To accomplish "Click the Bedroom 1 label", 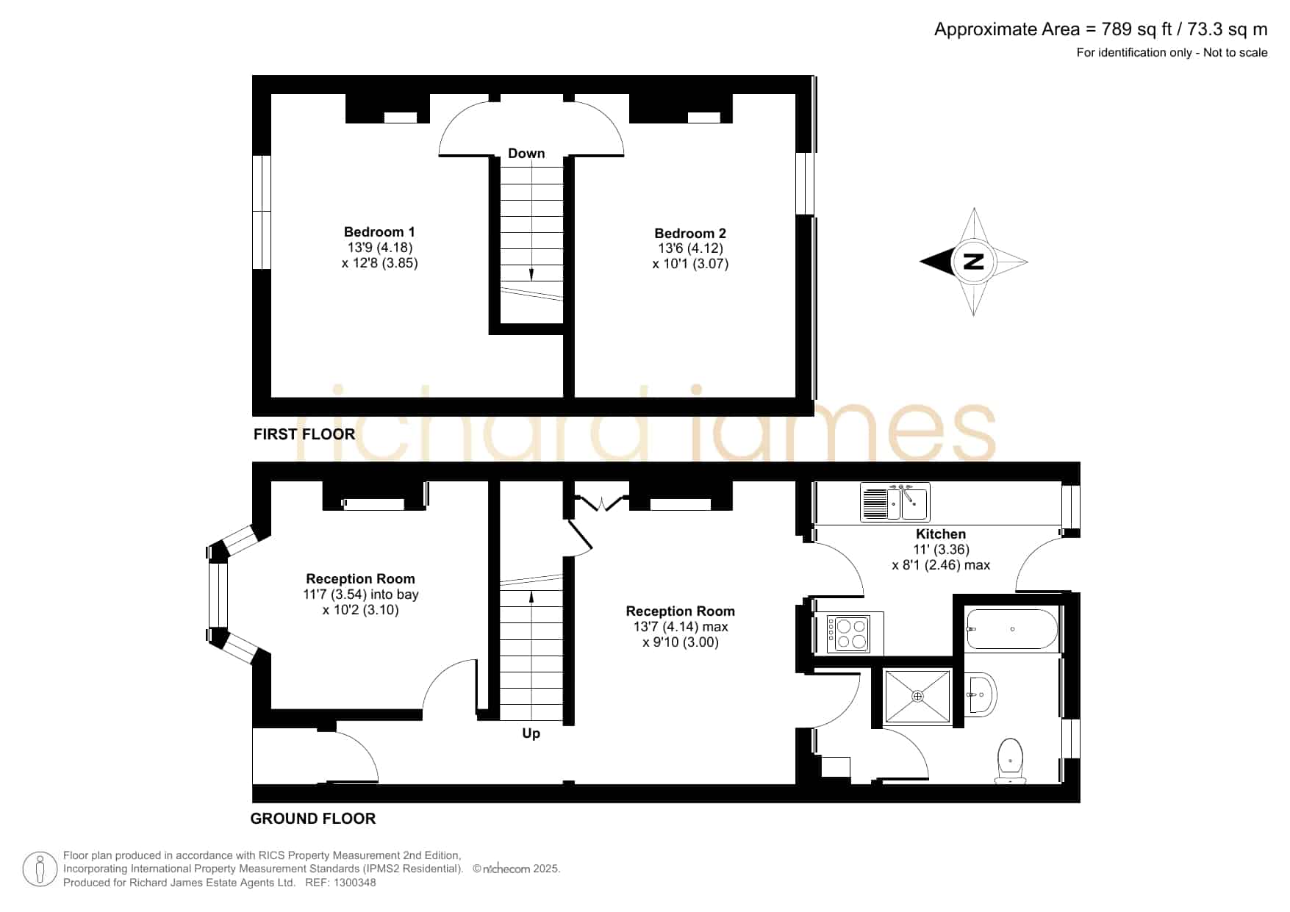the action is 379,232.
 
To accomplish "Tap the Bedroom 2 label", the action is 690,234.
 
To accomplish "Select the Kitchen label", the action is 941,534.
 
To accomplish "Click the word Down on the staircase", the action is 526,153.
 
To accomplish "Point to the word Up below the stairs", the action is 531,733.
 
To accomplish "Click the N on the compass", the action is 973,261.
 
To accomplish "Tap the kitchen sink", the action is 895,502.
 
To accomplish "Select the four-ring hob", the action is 849,633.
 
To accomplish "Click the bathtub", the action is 1012,629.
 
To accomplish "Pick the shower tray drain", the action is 917,696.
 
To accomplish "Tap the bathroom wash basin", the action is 981,694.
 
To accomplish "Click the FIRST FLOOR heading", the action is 304,434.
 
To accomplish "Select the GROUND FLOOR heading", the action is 313,819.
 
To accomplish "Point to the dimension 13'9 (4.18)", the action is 380,248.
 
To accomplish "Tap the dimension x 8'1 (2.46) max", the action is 941,565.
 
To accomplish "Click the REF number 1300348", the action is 355,883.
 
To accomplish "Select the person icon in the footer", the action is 40,869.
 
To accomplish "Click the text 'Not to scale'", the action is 1236,52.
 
